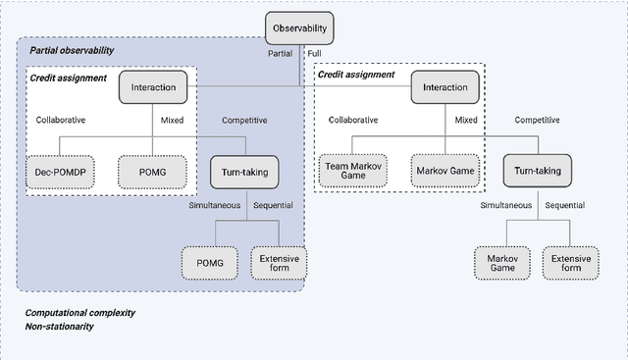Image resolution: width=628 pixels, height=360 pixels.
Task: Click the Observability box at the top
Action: (300, 28)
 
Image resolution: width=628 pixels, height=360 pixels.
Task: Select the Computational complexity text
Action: (79, 313)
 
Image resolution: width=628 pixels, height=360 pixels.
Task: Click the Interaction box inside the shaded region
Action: (152, 87)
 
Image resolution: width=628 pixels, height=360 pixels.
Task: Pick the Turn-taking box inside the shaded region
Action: (244, 172)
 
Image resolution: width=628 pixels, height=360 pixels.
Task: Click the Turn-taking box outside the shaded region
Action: (537, 172)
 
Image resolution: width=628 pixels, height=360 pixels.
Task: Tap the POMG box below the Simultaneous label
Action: (210, 261)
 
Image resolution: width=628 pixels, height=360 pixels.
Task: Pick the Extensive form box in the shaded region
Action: (279, 261)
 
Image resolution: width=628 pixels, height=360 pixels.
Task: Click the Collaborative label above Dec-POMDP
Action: (61, 121)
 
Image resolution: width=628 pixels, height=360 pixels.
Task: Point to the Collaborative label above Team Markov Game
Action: (352, 121)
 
